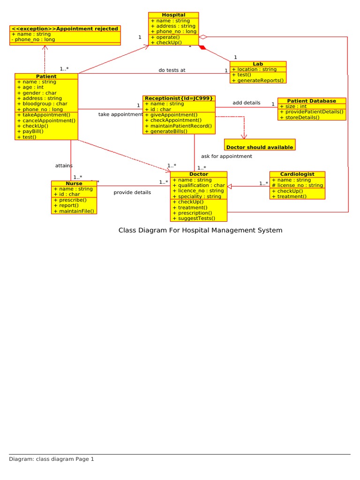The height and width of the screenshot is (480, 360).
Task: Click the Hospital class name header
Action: (x=173, y=15)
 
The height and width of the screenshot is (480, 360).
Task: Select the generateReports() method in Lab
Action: (x=260, y=80)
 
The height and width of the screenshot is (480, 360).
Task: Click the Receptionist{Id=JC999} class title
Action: (x=179, y=98)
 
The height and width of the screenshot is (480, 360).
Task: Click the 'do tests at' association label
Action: (x=172, y=70)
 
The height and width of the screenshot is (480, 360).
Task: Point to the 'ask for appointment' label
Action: (x=226, y=156)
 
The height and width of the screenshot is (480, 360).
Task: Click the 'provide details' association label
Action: (x=132, y=192)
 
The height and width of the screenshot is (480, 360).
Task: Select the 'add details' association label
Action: (x=246, y=103)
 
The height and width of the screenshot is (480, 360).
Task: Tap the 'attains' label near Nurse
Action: (x=64, y=165)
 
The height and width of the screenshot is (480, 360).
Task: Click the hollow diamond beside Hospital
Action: (x=203, y=37)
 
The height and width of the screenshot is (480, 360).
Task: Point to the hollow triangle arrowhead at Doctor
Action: (x=230, y=186)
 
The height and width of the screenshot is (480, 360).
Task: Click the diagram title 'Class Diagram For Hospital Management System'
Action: (x=200, y=230)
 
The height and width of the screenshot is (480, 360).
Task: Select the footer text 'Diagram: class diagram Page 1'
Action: (x=52, y=459)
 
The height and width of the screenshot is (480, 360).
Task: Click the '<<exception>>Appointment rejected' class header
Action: (x=65, y=29)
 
